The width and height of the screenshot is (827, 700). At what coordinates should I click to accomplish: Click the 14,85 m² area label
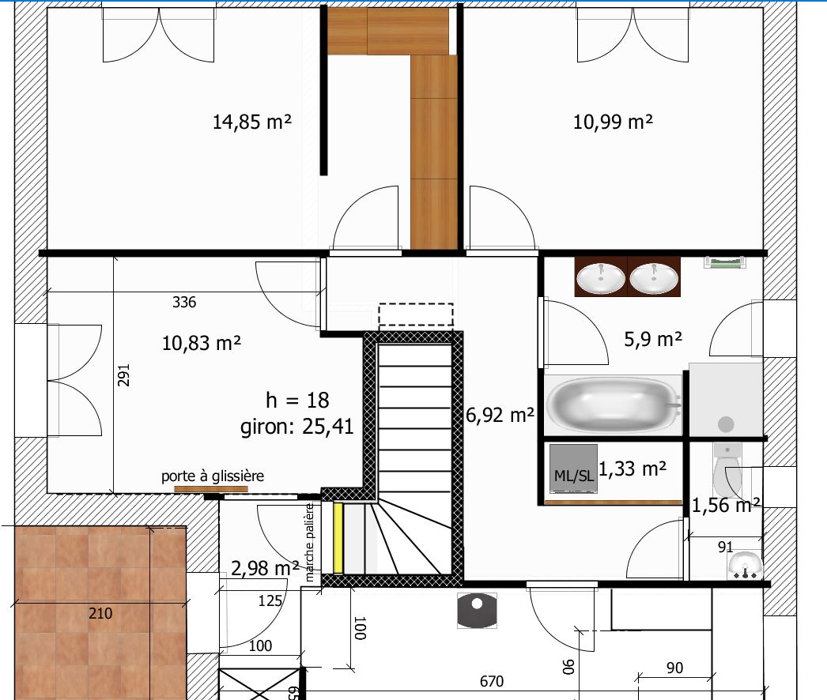(251, 122)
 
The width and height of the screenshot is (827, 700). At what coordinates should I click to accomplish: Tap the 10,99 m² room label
(613, 122)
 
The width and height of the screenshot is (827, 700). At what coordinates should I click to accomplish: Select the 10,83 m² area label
(202, 344)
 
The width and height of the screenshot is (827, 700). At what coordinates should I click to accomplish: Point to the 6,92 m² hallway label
(500, 416)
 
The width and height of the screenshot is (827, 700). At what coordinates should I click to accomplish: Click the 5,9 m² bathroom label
(653, 339)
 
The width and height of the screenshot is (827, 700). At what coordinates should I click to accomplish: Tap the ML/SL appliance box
(573, 469)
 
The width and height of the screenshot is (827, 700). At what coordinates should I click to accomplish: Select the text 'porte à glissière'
(213, 476)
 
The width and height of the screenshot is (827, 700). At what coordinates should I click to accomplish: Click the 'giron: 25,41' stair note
(297, 427)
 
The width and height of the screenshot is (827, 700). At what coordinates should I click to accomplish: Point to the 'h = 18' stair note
(297, 400)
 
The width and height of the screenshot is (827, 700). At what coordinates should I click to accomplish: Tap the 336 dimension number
(184, 302)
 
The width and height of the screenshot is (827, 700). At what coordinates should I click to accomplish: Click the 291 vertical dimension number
(123, 374)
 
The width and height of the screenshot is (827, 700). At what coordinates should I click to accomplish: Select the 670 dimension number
(492, 682)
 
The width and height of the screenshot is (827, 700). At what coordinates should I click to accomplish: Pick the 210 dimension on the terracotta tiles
(100, 614)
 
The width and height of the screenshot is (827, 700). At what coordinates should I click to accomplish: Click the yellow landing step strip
(338, 538)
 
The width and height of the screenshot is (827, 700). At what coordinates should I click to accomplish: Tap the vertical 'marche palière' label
(310, 543)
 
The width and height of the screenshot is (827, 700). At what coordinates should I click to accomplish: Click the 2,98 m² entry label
(266, 568)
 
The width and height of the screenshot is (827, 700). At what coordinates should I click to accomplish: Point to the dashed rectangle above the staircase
(416, 314)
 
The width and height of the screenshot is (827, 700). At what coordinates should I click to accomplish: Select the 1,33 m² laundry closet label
(633, 469)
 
